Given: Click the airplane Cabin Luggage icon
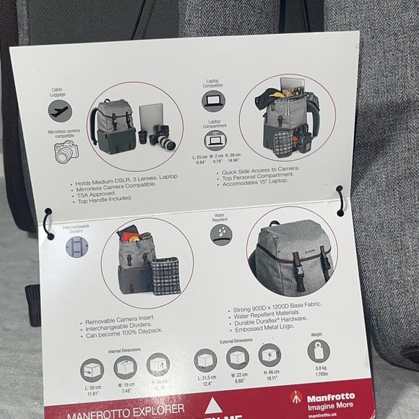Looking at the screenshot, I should pos(60,111).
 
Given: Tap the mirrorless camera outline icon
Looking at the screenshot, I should pos(66,152).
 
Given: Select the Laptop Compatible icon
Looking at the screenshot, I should pos(213,100).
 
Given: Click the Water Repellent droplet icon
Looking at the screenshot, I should pos(221,233).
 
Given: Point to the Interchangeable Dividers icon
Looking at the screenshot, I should pos(77,247).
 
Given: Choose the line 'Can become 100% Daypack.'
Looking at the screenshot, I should pos(124,334).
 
